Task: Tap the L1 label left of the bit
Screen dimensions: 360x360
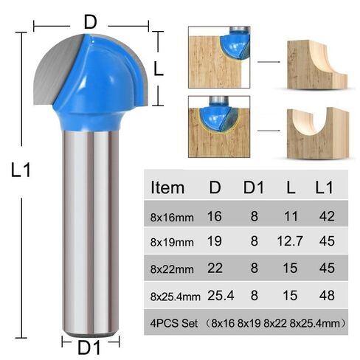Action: pos(21,170)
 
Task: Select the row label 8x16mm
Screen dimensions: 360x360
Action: pos(173,218)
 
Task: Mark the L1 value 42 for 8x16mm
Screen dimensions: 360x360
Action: pos(325,217)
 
